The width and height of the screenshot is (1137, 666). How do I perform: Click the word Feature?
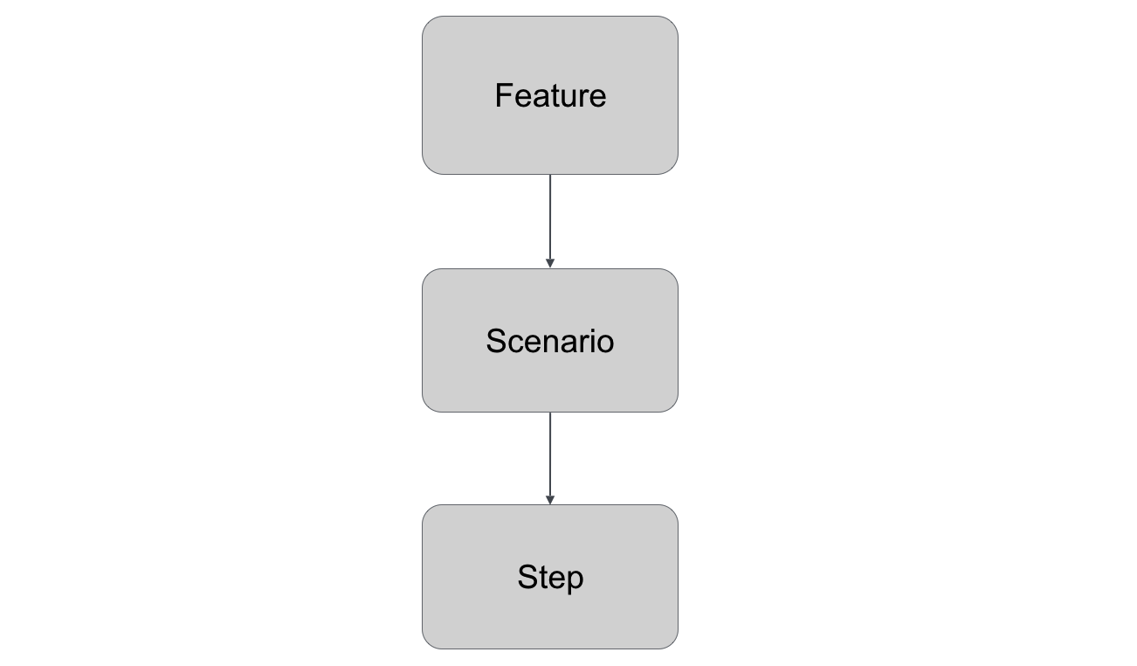point(550,95)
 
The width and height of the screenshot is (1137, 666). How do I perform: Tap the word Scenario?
point(550,341)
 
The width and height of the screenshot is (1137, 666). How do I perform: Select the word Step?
point(550,578)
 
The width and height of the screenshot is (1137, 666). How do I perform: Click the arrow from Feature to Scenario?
point(550,219)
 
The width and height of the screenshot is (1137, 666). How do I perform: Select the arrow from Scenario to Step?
point(550,454)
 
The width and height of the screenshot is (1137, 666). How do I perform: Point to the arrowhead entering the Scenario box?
point(550,263)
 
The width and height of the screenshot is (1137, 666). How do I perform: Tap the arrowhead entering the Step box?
point(550,500)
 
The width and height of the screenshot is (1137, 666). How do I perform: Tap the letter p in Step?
point(574,580)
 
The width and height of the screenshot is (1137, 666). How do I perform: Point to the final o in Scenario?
point(605,343)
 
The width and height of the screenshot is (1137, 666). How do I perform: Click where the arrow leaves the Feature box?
point(550,175)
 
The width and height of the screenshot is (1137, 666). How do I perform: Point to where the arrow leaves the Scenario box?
point(550,413)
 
